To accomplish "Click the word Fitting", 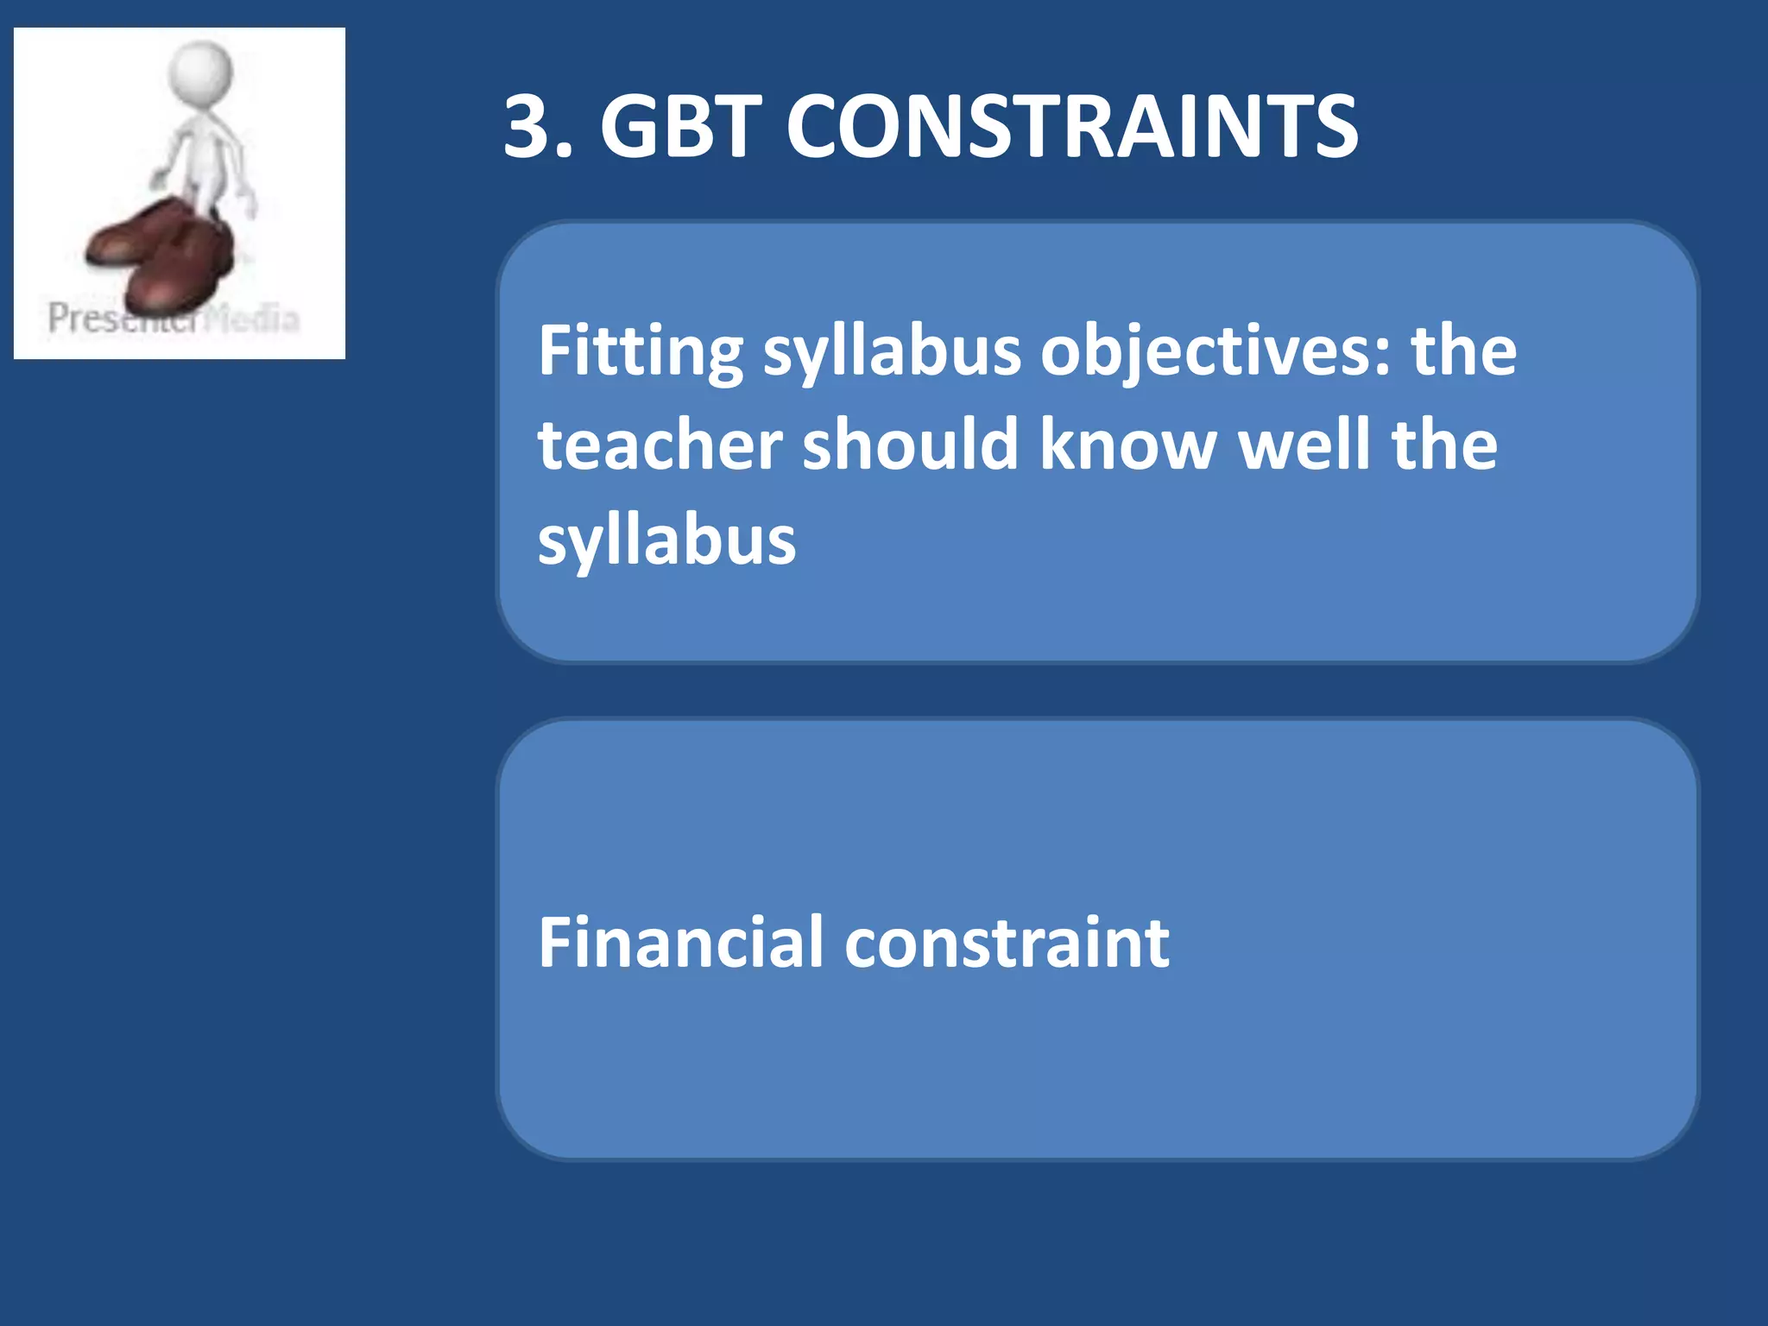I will [640, 351].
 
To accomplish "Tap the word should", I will [910, 445].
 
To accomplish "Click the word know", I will [1127, 445].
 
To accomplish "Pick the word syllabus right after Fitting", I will [892, 351].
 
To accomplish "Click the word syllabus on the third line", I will [666, 541].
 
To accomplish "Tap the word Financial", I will [680, 943].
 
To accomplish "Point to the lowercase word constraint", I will [1007, 943].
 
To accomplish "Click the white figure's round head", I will [200, 69].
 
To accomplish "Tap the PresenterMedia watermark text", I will [173, 319].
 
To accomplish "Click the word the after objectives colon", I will [1463, 351].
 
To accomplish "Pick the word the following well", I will [1444, 445].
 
